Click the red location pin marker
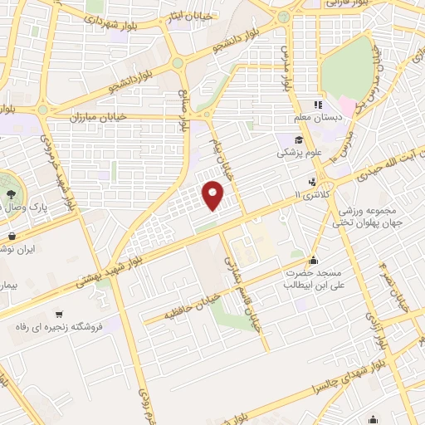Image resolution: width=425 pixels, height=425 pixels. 214,195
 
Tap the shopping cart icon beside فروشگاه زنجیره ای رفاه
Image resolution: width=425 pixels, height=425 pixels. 58,314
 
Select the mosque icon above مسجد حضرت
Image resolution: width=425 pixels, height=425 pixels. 314,259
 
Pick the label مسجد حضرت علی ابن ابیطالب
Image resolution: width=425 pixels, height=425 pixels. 315,279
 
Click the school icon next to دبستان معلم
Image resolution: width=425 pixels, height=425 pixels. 316,105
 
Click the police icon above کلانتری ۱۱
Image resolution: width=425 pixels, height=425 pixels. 312,181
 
